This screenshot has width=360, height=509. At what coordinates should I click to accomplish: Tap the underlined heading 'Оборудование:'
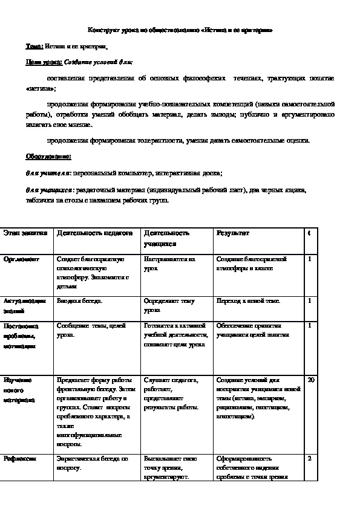(48, 157)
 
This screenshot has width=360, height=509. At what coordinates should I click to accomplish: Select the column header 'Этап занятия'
(24, 233)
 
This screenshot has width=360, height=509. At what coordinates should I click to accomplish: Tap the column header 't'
(309, 233)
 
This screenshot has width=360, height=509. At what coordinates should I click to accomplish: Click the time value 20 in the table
(311, 380)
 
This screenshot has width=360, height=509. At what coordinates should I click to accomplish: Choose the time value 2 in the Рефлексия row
(309, 459)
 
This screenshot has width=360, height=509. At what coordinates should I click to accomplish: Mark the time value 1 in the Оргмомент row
(309, 259)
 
